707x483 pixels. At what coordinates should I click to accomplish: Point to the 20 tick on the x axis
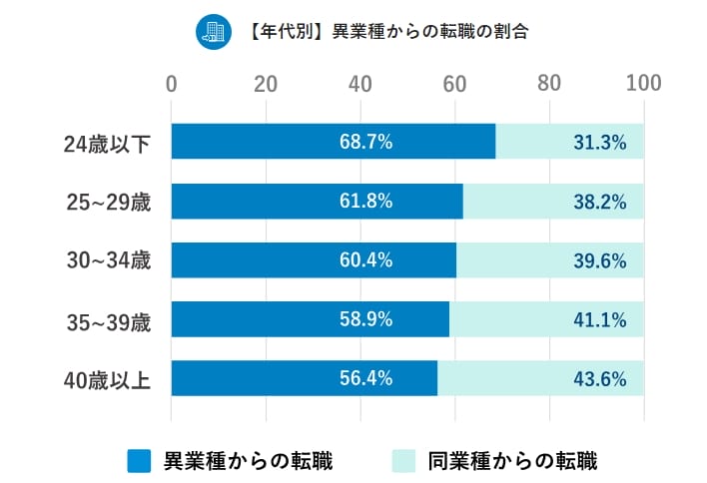[x=266, y=83]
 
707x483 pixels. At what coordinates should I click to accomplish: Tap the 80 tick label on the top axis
[x=549, y=83]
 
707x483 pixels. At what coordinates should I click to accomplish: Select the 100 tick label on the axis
[x=643, y=83]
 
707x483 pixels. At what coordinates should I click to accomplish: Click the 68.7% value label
[x=365, y=143]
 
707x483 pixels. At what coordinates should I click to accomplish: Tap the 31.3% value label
[x=599, y=143]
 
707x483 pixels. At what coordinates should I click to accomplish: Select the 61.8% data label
[x=365, y=202]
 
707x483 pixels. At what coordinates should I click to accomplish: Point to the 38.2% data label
[x=599, y=202]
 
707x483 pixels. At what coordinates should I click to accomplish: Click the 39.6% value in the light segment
[x=599, y=261]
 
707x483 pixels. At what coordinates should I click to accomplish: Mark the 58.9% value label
[x=365, y=320]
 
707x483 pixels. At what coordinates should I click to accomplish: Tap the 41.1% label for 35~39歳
[x=599, y=320]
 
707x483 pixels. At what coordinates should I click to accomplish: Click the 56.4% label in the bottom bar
[x=365, y=379]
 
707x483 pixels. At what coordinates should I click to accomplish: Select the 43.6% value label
[x=599, y=379]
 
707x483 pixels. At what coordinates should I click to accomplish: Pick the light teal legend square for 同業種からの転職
[x=402, y=460]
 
